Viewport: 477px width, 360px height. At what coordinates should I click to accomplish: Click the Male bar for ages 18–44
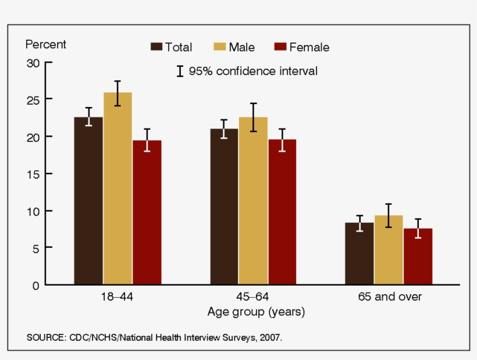pos(118,188)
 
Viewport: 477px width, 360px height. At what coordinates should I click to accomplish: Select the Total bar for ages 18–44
pos(88,201)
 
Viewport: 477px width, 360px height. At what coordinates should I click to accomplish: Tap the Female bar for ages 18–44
pos(147,212)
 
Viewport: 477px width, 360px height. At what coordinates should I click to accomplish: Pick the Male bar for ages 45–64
pos(253,201)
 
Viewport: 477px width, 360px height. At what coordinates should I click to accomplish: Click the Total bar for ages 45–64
pos(224,206)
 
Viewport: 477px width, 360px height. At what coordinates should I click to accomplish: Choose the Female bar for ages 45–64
pos(282,212)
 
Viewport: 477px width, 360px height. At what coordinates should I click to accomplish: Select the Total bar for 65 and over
pos(359,254)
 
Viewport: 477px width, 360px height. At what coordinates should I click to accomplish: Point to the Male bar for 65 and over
pos(389,250)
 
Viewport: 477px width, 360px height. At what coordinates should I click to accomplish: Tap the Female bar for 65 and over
pos(418,256)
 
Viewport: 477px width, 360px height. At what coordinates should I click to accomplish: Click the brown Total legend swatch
pos(156,47)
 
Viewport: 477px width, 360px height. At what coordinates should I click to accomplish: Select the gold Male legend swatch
pos(220,47)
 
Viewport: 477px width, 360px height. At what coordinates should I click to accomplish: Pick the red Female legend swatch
pos(280,47)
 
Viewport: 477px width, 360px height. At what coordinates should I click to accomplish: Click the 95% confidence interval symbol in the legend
pos(180,71)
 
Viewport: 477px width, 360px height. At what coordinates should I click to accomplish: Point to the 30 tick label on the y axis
pos(33,63)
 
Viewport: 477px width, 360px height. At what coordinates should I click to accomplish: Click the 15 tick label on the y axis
pos(34,174)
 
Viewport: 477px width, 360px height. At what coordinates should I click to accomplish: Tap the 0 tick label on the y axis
pos(36,286)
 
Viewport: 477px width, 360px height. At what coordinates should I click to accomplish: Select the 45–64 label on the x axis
pos(252,297)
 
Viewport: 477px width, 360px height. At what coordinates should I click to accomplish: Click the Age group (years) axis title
pos(256,312)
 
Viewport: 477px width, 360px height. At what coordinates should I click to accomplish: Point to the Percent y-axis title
pos(45,44)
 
